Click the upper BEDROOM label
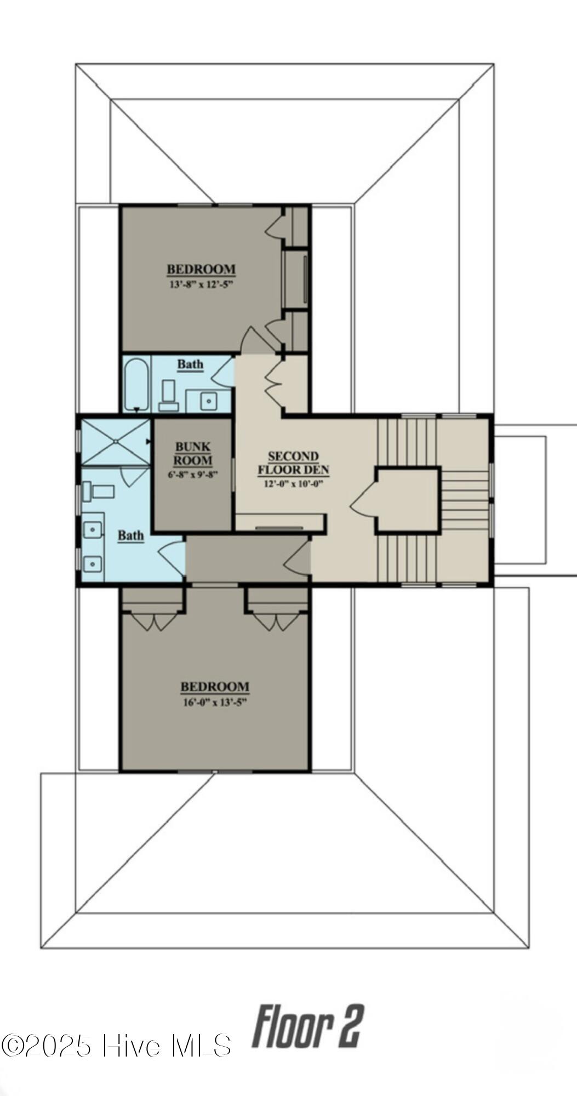(201, 270)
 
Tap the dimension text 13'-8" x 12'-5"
(201, 285)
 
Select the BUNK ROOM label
(193, 454)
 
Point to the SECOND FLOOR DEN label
(293, 463)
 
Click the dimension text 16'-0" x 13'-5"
(215, 703)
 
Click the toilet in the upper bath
(168, 396)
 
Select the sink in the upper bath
(208, 401)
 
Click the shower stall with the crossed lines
(116, 442)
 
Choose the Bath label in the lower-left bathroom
(131, 535)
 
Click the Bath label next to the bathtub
(190, 364)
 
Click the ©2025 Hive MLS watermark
(116, 1046)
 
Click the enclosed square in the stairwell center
(408, 499)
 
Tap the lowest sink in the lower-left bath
(93, 563)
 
